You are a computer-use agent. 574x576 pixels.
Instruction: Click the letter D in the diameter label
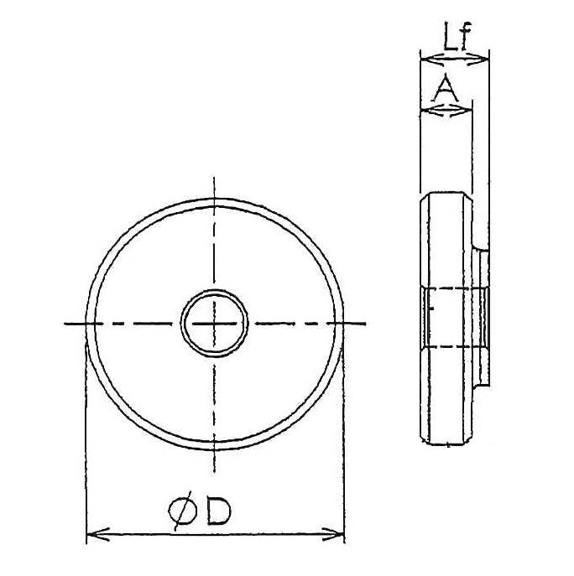click(x=219, y=511)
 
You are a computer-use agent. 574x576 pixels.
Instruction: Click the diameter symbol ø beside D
click(x=183, y=511)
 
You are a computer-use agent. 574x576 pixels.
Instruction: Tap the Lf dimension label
click(x=457, y=36)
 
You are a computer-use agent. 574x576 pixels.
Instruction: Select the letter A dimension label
click(x=446, y=88)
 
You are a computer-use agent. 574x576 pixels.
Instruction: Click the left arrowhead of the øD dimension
click(x=97, y=534)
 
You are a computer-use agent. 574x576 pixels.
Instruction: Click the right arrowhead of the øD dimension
click(x=333, y=534)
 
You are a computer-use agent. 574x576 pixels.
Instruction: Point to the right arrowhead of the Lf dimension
click(x=477, y=59)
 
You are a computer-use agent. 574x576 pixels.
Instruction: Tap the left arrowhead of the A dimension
click(x=430, y=110)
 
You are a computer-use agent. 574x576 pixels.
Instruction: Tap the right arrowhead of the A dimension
click(x=461, y=110)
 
